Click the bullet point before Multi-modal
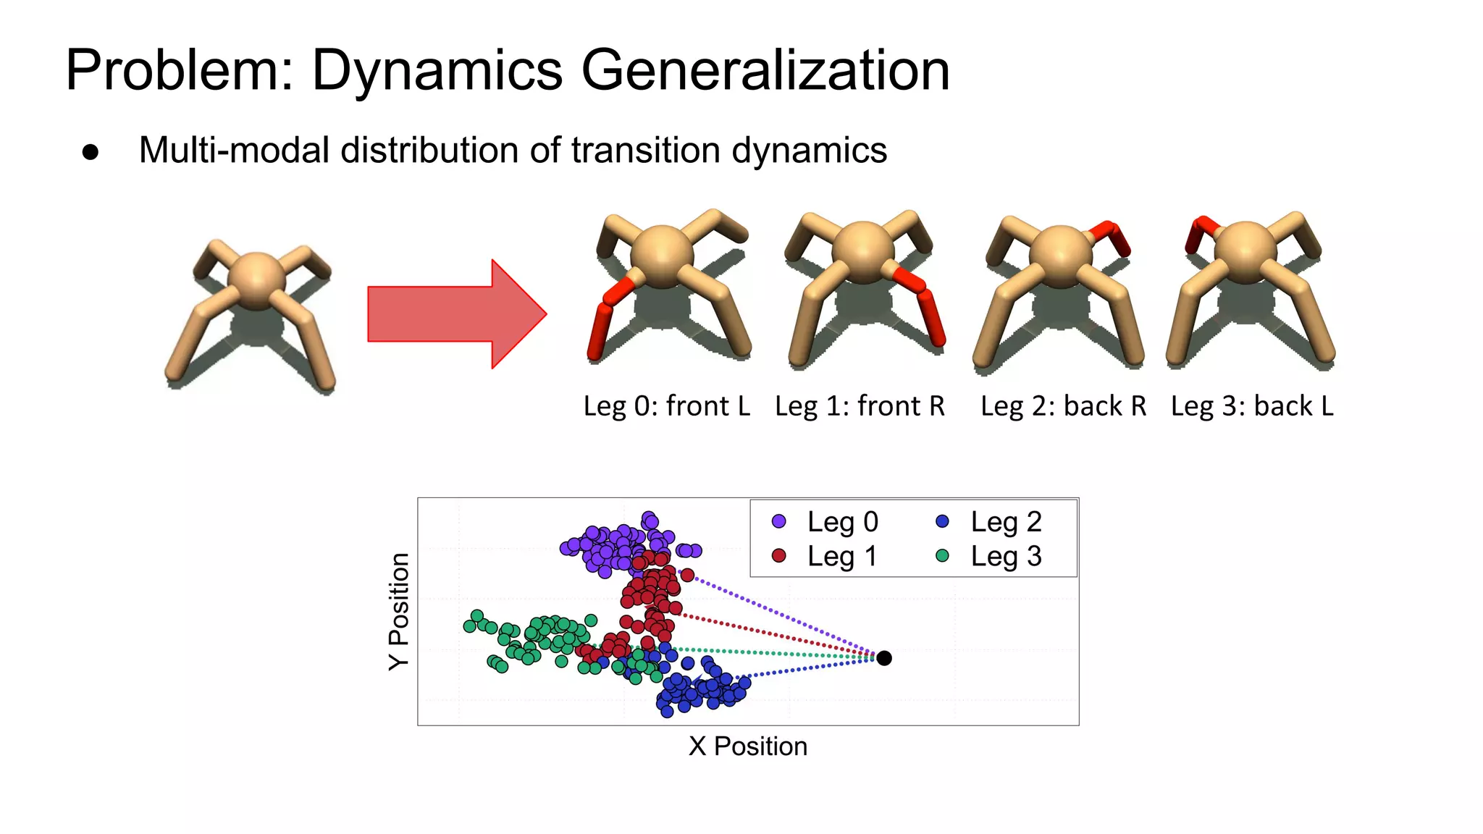(91, 152)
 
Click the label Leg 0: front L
(666, 406)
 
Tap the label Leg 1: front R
(860, 406)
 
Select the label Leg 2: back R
(1063, 406)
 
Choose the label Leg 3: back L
(1252, 406)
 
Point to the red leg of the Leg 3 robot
(1199, 232)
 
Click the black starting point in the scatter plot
(884, 658)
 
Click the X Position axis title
(748, 746)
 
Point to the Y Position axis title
(399, 612)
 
